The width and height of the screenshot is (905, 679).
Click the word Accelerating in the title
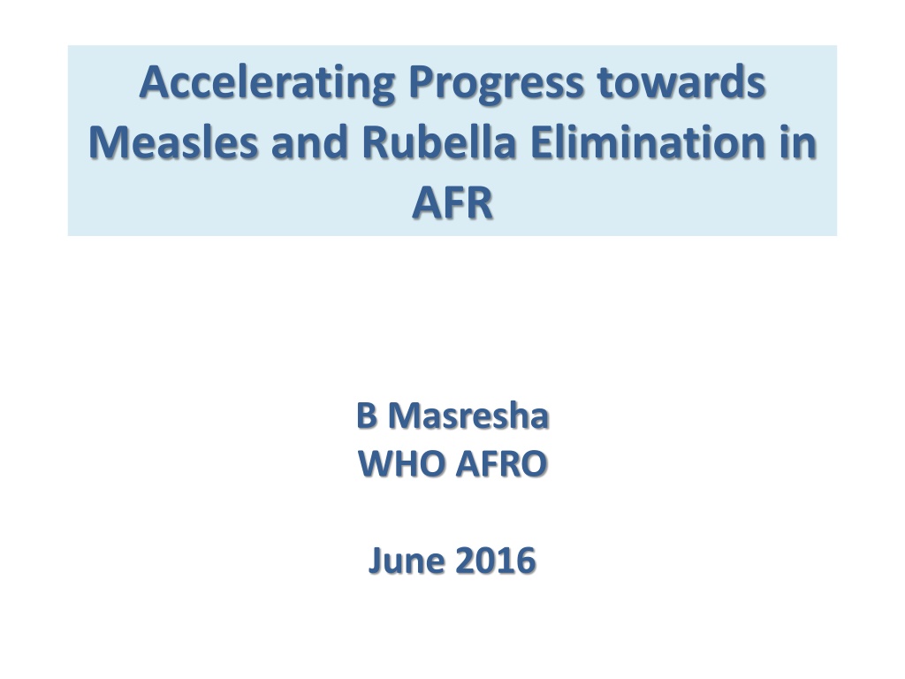pyautogui.click(x=267, y=84)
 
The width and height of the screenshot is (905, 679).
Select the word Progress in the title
pyautogui.click(x=496, y=84)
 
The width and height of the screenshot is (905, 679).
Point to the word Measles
pyautogui.click(x=173, y=142)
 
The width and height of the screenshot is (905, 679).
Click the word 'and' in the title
pyautogui.click(x=310, y=142)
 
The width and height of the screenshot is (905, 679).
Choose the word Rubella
pyautogui.click(x=438, y=142)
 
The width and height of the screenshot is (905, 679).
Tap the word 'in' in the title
pyautogui.click(x=799, y=142)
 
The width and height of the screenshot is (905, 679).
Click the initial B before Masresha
pyautogui.click(x=367, y=416)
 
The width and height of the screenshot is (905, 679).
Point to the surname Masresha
pyautogui.click(x=468, y=416)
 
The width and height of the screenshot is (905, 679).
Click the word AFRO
pyautogui.click(x=501, y=463)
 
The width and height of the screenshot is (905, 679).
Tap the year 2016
pyautogui.click(x=496, y=561)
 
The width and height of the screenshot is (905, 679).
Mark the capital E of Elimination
pyautogui.click(x=541, y=142)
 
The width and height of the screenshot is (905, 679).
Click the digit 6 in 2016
pyautogui.click(x=527, y=561)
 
